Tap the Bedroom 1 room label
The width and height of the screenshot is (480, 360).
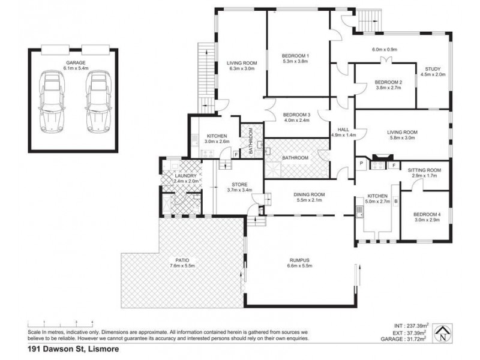pos(295,56)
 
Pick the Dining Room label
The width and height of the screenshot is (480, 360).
pos(309,194)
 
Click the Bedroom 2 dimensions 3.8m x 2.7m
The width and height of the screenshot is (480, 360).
pos(388,88)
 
